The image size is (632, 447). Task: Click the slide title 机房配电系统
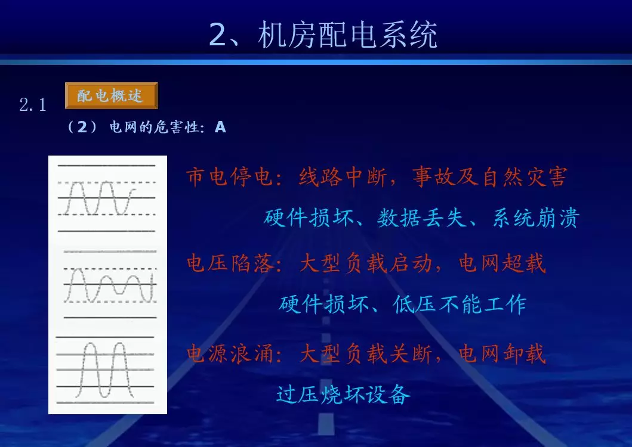point(347,35)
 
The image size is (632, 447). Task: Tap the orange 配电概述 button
point(111,96)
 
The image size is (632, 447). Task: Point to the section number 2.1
point(33,105)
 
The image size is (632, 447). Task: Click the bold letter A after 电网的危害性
point(220,128)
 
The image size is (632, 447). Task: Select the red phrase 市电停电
point(229,177)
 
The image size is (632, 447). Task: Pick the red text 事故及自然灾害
point(490,177)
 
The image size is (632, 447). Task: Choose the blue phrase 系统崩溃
point(536,218)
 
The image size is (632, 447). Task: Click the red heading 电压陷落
point(230,263)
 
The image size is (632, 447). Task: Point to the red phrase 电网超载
point(502,263)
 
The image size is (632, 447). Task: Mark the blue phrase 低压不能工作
point(460,304)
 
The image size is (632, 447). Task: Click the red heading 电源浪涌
point(230,354)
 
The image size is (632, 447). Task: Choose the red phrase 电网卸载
point(502,354)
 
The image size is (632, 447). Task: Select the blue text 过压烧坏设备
point(343,394)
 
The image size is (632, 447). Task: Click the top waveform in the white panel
point(106,198)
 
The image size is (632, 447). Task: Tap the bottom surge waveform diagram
point(105,370)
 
